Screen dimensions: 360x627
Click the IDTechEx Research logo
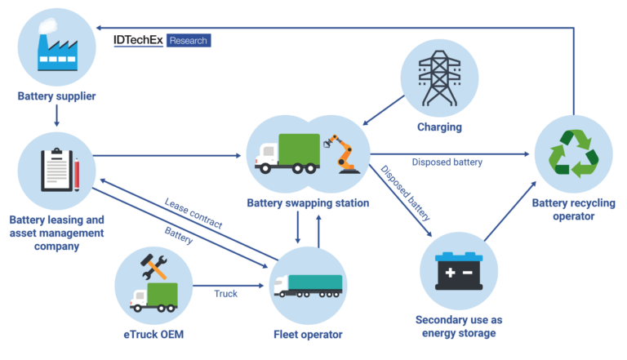162,40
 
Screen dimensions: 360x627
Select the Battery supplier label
57,97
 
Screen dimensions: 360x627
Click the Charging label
439,127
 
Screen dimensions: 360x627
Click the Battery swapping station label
309,202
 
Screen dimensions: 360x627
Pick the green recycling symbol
573,153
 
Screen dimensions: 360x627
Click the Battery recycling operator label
572,210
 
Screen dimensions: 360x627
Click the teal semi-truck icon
309,284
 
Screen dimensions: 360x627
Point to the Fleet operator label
308,335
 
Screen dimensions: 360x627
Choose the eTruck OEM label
153,335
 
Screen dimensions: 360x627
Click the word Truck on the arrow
226,293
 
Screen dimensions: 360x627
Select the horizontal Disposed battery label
447,162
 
